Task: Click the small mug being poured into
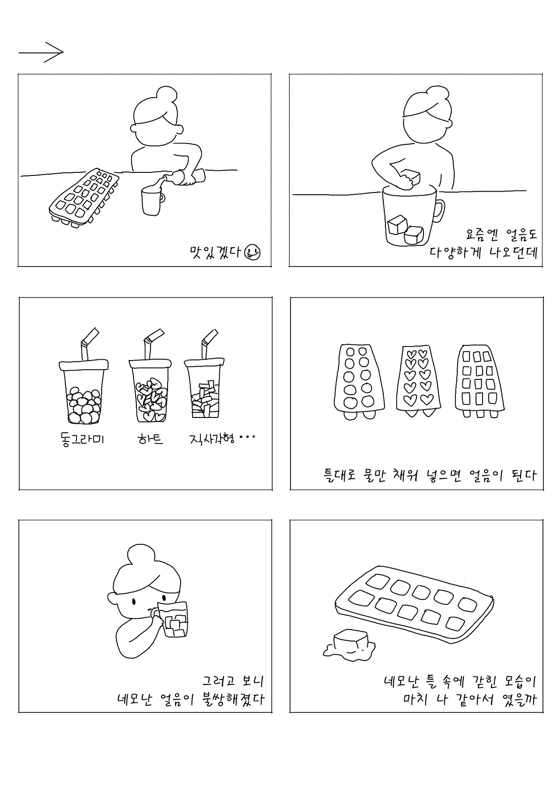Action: click(x=151, y=201)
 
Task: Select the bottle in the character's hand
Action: click(x=185, y=176)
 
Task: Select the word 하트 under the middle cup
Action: click(x=150, y=439)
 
